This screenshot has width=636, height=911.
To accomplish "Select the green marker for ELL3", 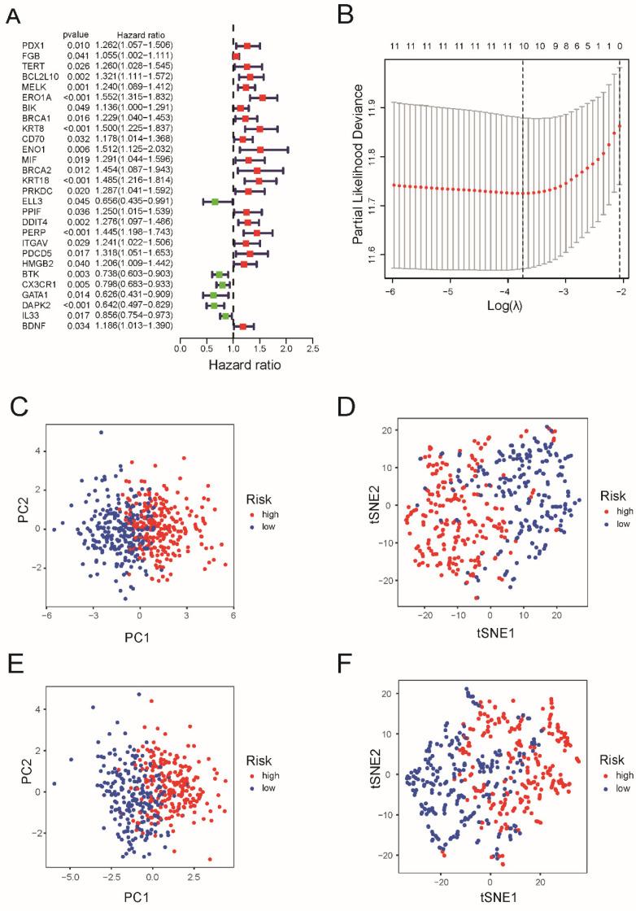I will point(215,201).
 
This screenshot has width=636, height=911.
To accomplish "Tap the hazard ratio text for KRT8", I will point(133,129).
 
